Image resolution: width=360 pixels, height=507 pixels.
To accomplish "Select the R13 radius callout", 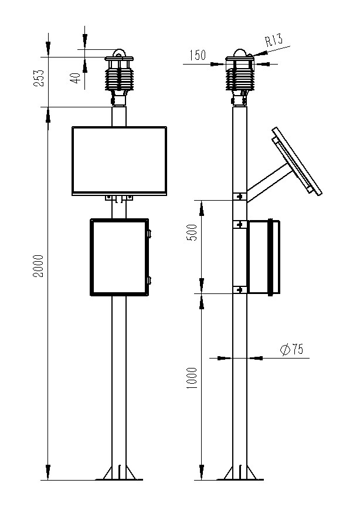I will click(274, 40).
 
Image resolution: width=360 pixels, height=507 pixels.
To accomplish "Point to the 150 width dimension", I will click(198, 56).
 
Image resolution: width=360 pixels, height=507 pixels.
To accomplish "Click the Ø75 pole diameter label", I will click(291, 350).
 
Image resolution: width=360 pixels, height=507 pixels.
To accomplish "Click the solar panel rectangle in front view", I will click(119, 161).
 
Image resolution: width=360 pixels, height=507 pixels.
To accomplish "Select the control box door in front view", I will click(118, 257).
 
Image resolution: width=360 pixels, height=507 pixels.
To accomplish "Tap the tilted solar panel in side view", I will click(297, 160).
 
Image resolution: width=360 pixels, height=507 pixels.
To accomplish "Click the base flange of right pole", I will click(240, 473).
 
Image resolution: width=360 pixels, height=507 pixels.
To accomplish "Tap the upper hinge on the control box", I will click(149, 234).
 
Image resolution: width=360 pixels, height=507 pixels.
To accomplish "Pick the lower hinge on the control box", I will click(149, 280).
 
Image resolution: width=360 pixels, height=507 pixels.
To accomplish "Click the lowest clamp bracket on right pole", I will click(239, 289).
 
